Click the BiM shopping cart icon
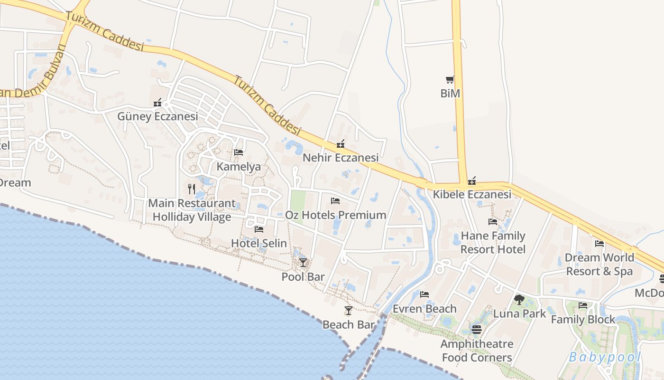(x=450, y=79)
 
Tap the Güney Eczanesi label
(x=157, y=116)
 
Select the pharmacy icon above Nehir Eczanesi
(x=340, y=144)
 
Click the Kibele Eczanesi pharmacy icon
(x=471, y=181)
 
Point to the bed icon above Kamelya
(x=239, y=152)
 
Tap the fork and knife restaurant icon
(x=192, y=189)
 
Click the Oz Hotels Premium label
(x=335, y=215)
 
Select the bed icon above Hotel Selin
(x=259, y=229)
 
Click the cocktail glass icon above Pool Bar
(x=303, y=262)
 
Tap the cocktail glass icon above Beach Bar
(x=349, y=311)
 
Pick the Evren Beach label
(x=424, y=309)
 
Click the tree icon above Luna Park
(x=519, y=300)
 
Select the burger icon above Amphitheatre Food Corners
(x=477, y=329)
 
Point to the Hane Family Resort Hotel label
(x=493, y=242)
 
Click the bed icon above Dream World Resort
(x=599, y=244)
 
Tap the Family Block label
(x=583, y=320)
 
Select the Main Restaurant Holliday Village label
(x=192, y=210)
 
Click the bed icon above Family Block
(x=583, y=305)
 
